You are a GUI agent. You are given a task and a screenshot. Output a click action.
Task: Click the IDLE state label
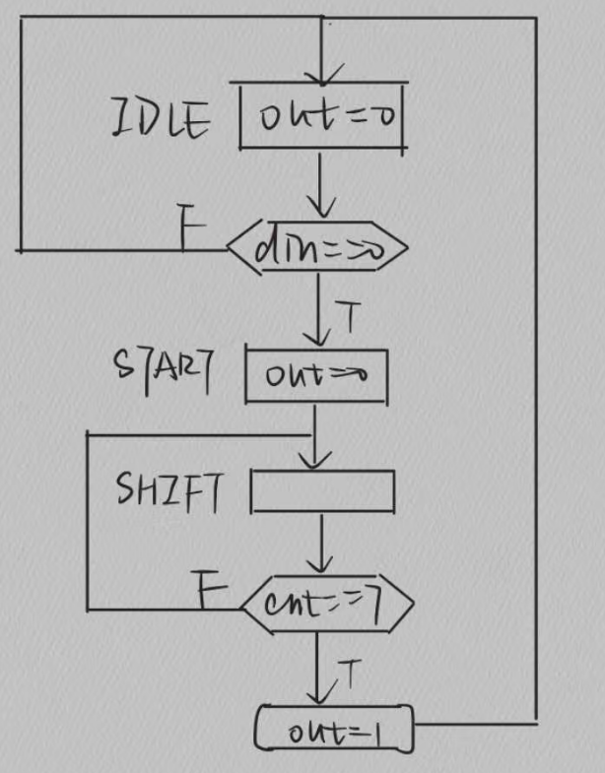point(160,121)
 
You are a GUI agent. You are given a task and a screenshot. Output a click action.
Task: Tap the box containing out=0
point(323,116)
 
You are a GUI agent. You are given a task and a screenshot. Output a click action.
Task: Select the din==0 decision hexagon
point(316,250)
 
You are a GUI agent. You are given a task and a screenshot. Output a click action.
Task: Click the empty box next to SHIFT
point(323,492)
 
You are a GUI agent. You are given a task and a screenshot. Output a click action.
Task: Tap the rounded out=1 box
point(334,730)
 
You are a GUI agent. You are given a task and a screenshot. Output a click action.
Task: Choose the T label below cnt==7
point(349,675)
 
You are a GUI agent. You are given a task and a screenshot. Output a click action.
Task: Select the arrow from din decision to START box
point(318,305)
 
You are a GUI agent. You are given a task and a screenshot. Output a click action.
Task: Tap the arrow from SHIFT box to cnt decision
point(321,542)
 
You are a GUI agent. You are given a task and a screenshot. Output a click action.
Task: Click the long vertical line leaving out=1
point(537,394)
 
